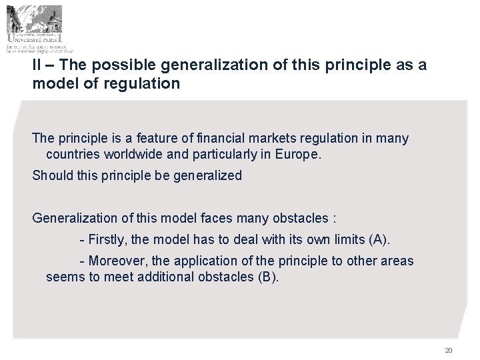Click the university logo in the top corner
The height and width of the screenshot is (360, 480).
39,28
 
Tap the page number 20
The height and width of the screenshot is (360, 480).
448,351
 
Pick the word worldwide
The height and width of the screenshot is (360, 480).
132,155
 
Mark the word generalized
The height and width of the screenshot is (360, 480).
209,176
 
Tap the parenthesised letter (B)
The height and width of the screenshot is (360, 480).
267,276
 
